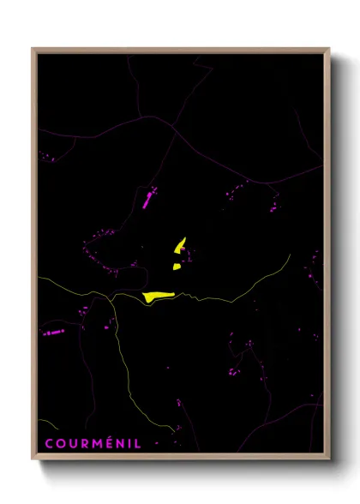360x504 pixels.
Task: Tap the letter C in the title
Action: (x=48, y=443)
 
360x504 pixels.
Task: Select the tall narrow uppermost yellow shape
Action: (x=180, y=245)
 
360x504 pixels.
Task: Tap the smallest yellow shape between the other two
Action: (x=177, y=267)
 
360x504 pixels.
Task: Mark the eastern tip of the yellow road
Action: (x=291, y=255)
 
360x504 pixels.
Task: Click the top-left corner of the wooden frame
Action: (x=33, y=49)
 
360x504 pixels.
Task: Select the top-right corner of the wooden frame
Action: (x=328, y=49)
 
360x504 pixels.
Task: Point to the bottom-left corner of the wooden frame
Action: (x=33, y=460)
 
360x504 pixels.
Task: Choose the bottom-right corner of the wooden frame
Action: (x=328, y=460)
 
